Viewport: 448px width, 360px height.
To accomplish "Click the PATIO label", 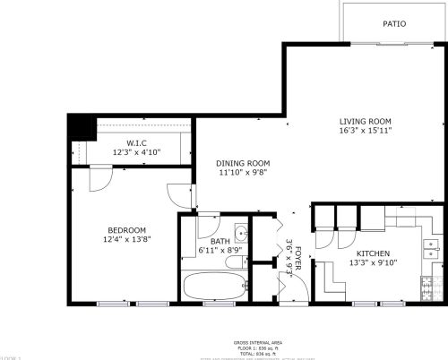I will coord(393,24).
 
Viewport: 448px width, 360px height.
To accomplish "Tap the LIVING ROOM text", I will coord(366,121).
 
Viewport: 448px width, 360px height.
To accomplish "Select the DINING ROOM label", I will coord(243,163).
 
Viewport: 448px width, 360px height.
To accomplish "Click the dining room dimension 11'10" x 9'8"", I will coord(243,173).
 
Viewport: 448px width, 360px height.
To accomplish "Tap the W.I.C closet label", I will coord(136,142).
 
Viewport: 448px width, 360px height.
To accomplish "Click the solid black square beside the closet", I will coord(82,127).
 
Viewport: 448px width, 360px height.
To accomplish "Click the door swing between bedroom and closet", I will coord(99,177).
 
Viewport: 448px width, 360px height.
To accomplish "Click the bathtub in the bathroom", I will coord(213,287).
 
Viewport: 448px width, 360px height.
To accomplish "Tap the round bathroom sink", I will coord(240,235).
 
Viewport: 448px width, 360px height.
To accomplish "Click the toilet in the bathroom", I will coord(236,262).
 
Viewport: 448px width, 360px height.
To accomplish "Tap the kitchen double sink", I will coord(432,243).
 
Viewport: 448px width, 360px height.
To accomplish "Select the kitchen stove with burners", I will coord(431,287).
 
